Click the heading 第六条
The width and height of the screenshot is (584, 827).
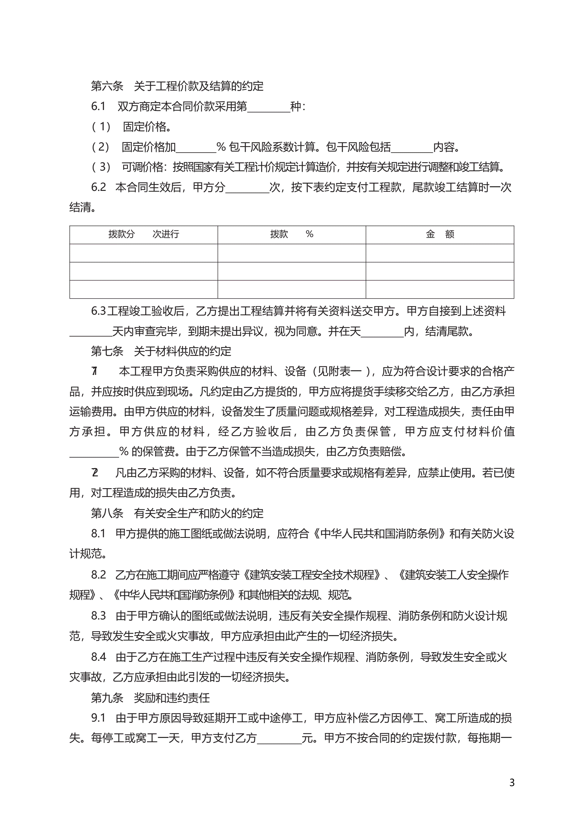point(107,86)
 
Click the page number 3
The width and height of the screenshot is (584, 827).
point(512,782)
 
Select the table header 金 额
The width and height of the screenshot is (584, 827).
point(440,234)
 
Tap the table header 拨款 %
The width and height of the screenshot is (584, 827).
point(291,234)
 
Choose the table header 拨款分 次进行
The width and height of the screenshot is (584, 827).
point(143,234)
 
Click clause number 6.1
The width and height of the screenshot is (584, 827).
point(98,106)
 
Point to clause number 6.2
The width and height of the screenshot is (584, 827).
point(98,187)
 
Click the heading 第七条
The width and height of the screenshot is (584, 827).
point(107,351)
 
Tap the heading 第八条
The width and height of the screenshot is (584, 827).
point(107,513)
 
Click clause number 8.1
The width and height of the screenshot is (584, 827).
point(98,533)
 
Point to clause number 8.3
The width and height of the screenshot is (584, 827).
point(98,616)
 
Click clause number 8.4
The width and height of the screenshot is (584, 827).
point(98,657)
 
